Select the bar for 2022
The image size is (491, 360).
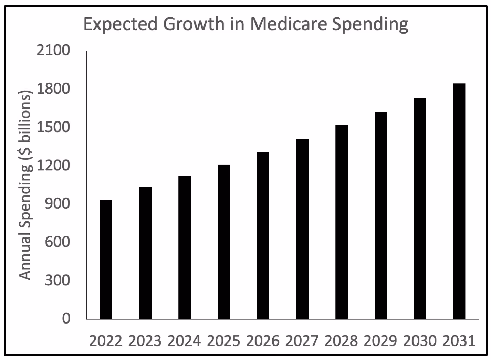click(x=106, y=260)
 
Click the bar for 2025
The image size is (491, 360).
click(x=224, y=242)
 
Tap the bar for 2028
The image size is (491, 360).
click(x=342, y=222)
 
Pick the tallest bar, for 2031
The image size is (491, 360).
click(x=459, y=201)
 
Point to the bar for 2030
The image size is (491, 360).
click(x=420, y=209)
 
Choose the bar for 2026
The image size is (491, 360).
click(x=263, y=235)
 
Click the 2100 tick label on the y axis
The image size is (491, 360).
click(x=53, y=50)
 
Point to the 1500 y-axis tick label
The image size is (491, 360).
click(x=53, y=127)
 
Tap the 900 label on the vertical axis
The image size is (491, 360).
click(x=58, y=204)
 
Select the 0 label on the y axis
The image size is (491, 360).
click(x=66, y=318)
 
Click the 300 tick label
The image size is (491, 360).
click(x=58, y=280)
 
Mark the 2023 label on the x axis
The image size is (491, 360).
click(x=145, y=341)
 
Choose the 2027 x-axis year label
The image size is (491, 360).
click(x=302, y=341)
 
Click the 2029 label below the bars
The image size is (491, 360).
click(x=380, y=341)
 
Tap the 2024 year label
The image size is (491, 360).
click(x=184, y=341)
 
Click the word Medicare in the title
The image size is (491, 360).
click(x=289, y=24)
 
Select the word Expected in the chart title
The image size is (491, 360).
click(x=121, y=24)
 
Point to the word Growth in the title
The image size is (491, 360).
click(x=194, y=24)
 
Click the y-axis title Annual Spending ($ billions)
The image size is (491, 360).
click(x=25, y=185)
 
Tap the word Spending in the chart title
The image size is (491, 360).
click(x=370, y=24)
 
